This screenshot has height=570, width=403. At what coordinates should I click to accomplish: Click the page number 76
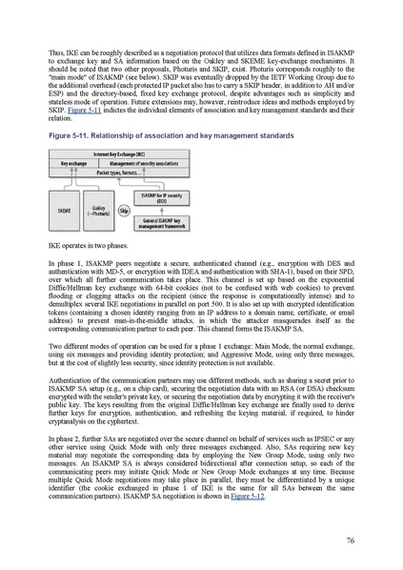pyautogui.click(x=353, y=539)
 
